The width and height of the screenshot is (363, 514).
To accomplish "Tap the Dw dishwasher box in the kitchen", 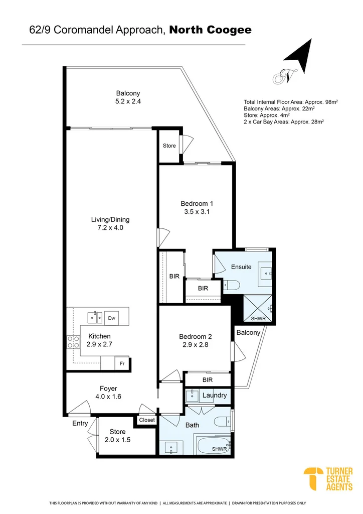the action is [x=112, y=318].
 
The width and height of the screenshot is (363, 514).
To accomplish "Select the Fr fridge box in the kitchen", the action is [x=122, y=363].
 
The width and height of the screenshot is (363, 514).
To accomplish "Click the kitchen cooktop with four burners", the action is [x=73, y=342].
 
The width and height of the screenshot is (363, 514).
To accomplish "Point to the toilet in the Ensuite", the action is [x=232, y=285].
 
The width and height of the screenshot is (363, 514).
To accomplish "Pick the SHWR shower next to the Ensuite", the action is [x=258, y=309].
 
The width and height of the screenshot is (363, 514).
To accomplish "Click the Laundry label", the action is [x=215, y=396].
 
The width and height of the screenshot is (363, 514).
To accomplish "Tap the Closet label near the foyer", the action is [x=146, y=420].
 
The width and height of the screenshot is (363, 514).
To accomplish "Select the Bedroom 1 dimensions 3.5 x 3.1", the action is [x=197, y=212].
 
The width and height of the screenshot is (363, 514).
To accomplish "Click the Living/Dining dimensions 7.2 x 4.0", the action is [x=110, y=228].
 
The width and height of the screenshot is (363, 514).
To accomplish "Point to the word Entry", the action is [x=80, y=424].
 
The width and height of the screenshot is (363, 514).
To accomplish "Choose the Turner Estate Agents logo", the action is [x=328, y=479].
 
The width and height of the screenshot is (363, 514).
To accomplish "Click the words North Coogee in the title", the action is [x=211, y=30].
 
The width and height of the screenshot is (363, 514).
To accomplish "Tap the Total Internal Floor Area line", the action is [x=291, y=102].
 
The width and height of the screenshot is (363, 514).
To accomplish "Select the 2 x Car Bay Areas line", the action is [x=284, y=121].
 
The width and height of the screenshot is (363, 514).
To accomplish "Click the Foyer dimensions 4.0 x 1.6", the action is [x=108, y=397].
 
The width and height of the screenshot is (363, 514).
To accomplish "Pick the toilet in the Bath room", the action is [x=223, y=420].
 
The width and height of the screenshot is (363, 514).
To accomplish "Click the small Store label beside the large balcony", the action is [x=169, y=146].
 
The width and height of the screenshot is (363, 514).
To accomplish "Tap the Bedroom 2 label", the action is [x=196, y=337].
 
